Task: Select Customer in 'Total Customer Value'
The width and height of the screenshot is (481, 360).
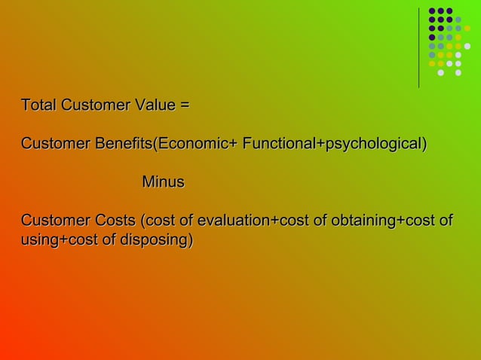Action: (x=94, y=105)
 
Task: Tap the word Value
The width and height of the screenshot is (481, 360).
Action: (x=155, y=105)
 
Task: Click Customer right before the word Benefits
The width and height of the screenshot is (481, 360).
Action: (x=55, y=143)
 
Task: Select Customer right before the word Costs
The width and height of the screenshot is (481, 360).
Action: (x=55, y=221)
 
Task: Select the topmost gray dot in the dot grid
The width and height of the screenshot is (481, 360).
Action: (x=458, y=20)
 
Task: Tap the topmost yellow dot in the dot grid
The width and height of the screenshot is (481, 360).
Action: (x=458, y=37)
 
